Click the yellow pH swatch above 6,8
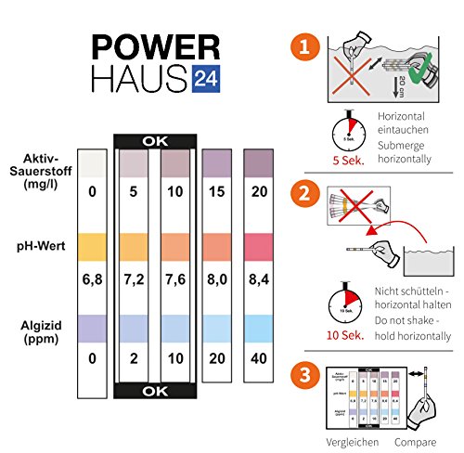92,245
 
